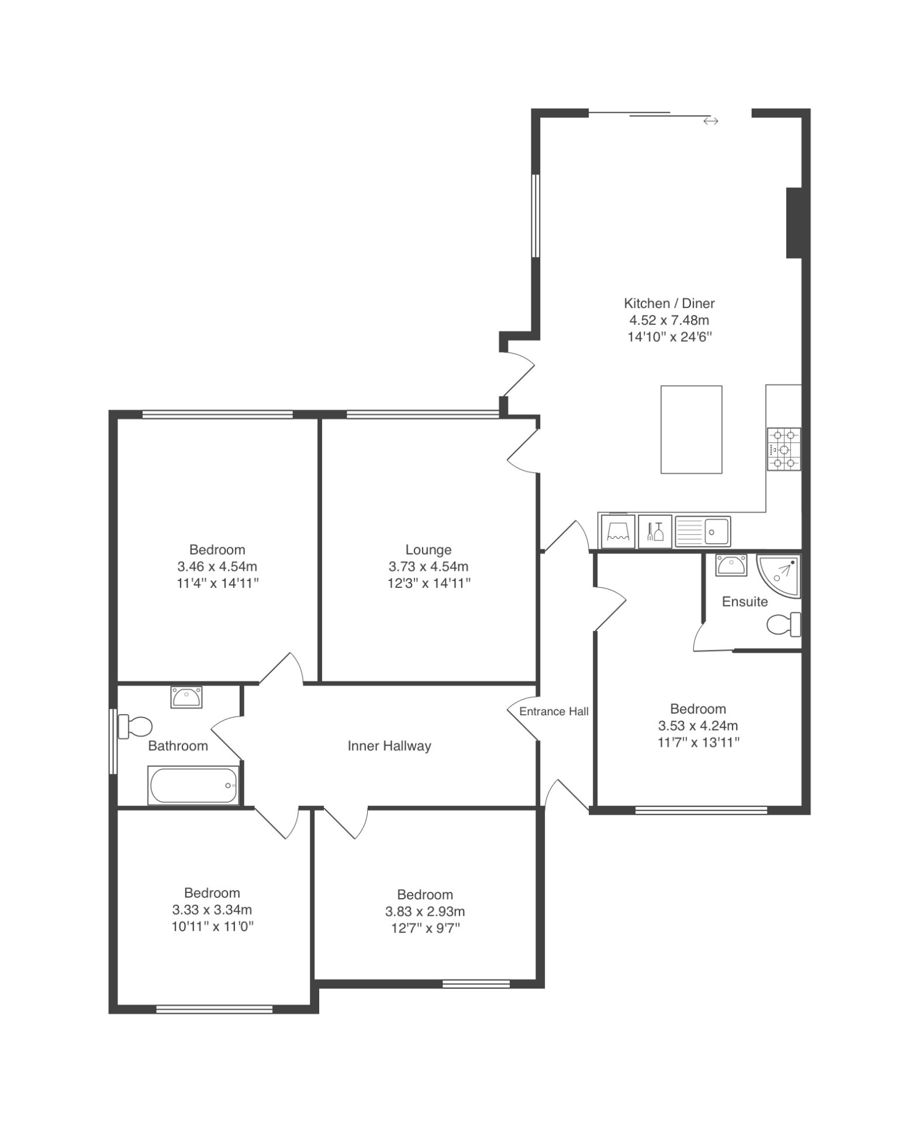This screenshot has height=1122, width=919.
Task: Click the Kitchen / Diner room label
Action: pyautogui.click(x=669, y=303)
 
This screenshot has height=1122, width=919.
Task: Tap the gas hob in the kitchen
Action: pyautogui.click(x=783, y=449)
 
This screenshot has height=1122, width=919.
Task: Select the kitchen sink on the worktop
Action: pyautogui.click(x=702, y=531)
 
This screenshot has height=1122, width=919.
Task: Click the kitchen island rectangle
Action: pyautogui.click(x=691, y=429)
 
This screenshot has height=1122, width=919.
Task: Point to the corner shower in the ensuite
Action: pyautogui.click(x=778, y=576)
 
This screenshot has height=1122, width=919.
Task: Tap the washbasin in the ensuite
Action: pyautogui.click(x=731, y=565)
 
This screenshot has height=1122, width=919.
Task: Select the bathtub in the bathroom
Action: pyautogui.click(x=194, y=785)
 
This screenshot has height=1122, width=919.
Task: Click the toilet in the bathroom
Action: pyautogui.click(x=134, y=726)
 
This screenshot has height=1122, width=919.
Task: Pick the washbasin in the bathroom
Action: pyautogui.click(x=186, y=697)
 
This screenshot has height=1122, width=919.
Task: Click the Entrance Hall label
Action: pyautogui.click(x=554, y=711)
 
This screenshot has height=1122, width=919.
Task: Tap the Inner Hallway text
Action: pyautogui.click(x=389, y=746)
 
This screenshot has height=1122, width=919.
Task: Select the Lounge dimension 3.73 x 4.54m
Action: pyautogui.click(x=429, y=566)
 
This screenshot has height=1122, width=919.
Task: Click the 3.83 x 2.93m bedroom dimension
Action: pyautogui.click(x=425, y=911)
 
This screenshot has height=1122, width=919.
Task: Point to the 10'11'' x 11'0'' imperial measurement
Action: pyautogui.click(x=212, y=926)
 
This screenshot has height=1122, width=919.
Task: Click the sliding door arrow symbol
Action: pyautogui.click(x=710, y=121)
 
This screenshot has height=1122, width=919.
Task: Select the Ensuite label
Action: pyautogui.click(x=745, y=601)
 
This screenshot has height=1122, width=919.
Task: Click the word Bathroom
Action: pyautogui.click(x=178, y=746)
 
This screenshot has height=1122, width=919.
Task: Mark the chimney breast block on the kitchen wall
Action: pyautogui.click(x=794, y=223)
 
